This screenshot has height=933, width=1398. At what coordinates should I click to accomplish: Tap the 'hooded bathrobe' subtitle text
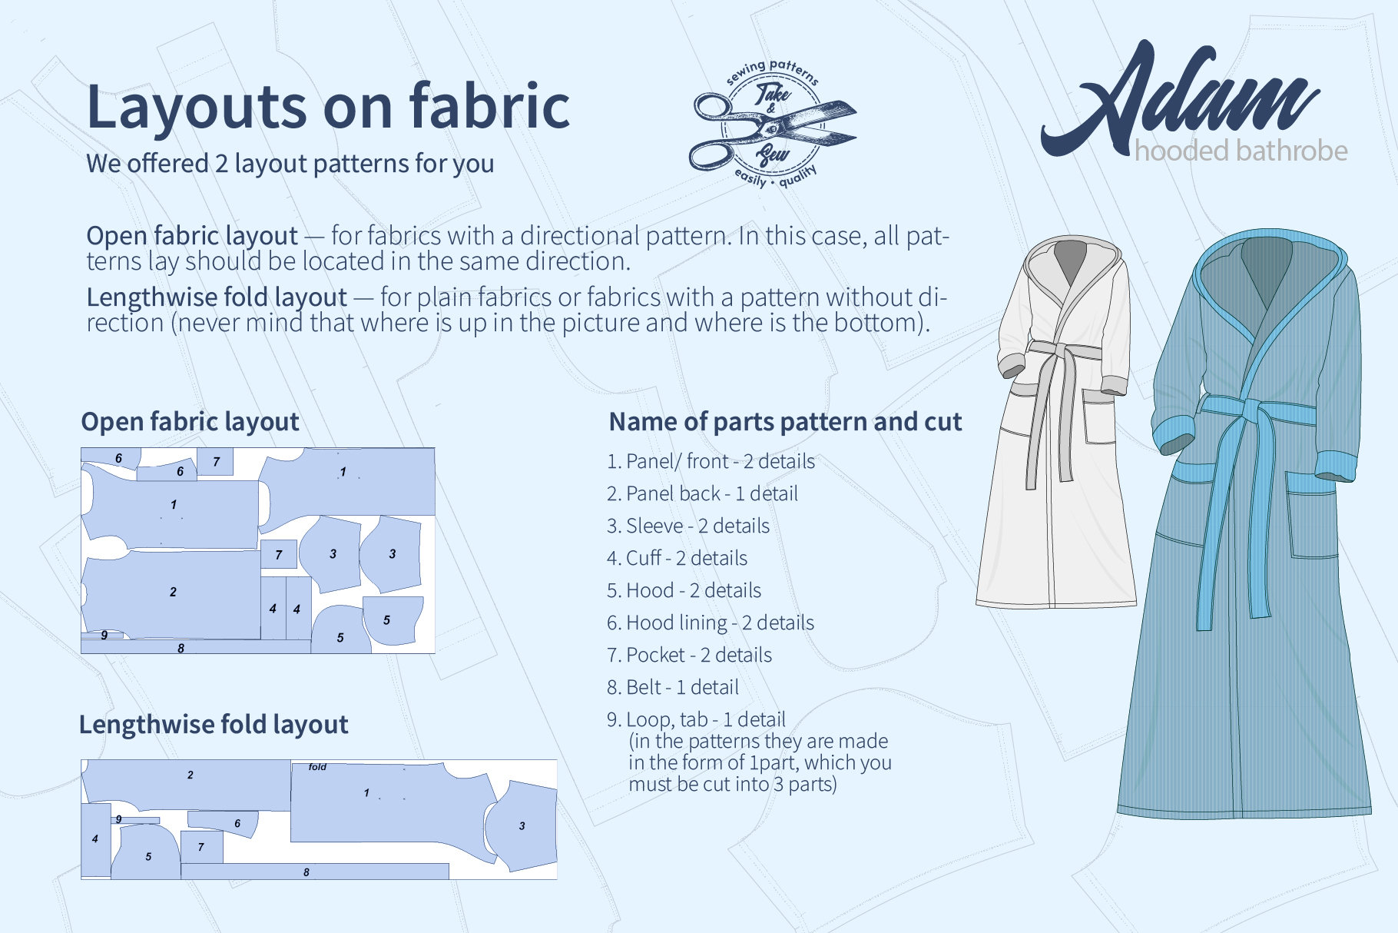(1241, 151)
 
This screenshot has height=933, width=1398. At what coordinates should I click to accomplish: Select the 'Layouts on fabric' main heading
(328, 106)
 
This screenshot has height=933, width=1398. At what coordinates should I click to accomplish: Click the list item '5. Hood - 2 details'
(684, 590)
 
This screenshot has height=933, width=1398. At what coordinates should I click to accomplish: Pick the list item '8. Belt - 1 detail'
(672, 687)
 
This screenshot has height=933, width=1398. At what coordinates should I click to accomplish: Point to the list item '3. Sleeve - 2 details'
(687, 526)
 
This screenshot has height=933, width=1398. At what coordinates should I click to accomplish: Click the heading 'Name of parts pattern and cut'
(784, 421)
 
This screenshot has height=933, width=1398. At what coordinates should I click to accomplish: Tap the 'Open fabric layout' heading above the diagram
(190, 421)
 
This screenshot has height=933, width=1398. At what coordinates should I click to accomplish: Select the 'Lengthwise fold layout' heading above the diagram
(214, 724)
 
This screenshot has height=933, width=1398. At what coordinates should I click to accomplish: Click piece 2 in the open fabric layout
(173, 593)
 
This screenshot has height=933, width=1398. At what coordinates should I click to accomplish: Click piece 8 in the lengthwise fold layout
(307, 872)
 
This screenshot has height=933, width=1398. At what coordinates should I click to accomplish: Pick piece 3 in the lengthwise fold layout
(522, 827)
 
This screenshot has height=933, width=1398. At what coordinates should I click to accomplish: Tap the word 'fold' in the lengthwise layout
(317, 767)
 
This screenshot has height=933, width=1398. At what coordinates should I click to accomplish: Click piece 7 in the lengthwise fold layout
(201, 847)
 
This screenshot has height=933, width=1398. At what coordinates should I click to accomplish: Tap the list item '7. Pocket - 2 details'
(689, 655)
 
